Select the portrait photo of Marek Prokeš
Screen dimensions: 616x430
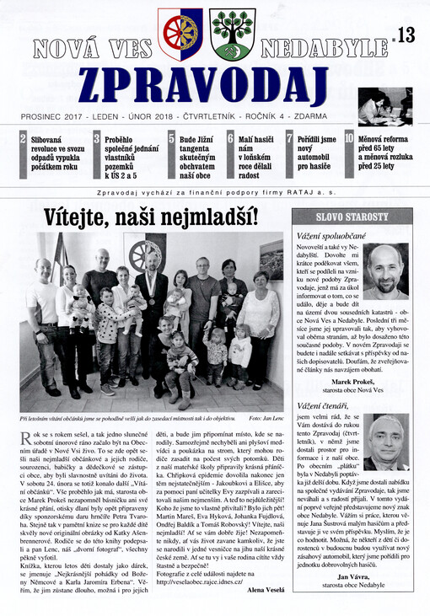[385, 271]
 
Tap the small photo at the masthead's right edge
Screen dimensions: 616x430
[384, 105]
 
